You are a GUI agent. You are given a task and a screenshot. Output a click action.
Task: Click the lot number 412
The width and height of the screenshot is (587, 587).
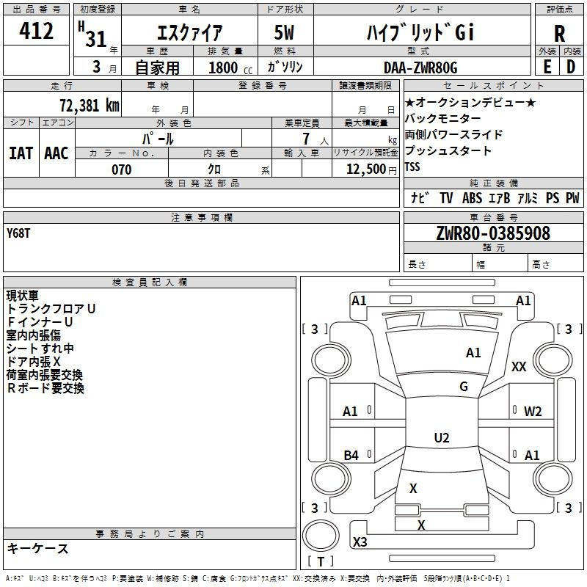37,32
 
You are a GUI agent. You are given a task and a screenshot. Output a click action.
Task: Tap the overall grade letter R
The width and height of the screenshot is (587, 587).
559,33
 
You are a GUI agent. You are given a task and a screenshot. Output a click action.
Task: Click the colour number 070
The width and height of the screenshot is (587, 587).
121,169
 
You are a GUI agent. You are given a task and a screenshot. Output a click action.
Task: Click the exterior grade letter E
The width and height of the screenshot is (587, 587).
547,67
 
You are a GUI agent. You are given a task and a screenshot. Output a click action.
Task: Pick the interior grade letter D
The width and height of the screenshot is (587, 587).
571,67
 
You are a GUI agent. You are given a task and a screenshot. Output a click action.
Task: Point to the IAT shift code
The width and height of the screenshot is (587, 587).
21,153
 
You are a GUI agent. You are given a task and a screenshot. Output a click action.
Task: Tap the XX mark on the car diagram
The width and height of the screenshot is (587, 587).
519,367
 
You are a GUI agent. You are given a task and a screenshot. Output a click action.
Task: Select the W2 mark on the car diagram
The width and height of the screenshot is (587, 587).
533,411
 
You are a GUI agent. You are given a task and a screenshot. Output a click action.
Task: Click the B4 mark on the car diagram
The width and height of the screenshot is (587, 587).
351,456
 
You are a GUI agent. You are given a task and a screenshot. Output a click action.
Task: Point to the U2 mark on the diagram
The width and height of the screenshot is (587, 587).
441,438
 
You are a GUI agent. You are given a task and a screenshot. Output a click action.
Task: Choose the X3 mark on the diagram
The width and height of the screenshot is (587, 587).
360,542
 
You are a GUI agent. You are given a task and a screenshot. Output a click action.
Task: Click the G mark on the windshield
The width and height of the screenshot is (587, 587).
463,387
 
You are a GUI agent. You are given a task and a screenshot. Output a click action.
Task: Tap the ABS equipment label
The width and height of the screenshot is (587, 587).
473,197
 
